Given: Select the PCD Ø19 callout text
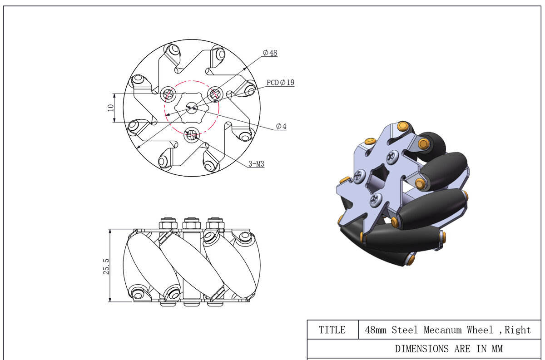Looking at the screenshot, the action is click(x=280, y=82).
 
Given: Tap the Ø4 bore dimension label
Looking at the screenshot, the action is click(x=281, y=127).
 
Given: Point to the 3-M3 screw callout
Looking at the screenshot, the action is click(x=256, y=164).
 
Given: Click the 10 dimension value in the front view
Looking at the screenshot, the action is click(x=110, y=108).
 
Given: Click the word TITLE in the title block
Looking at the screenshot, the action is click(x=332, y=330).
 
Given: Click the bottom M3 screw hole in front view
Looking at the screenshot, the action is click(x=192, y=134).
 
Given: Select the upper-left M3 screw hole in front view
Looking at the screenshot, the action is click(x=168, y=94).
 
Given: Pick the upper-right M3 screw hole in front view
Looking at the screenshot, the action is click(x=214, y=94).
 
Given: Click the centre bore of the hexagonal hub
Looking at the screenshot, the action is click(x=191, y=107).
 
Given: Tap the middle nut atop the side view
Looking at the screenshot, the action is click(x=190, y=223).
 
